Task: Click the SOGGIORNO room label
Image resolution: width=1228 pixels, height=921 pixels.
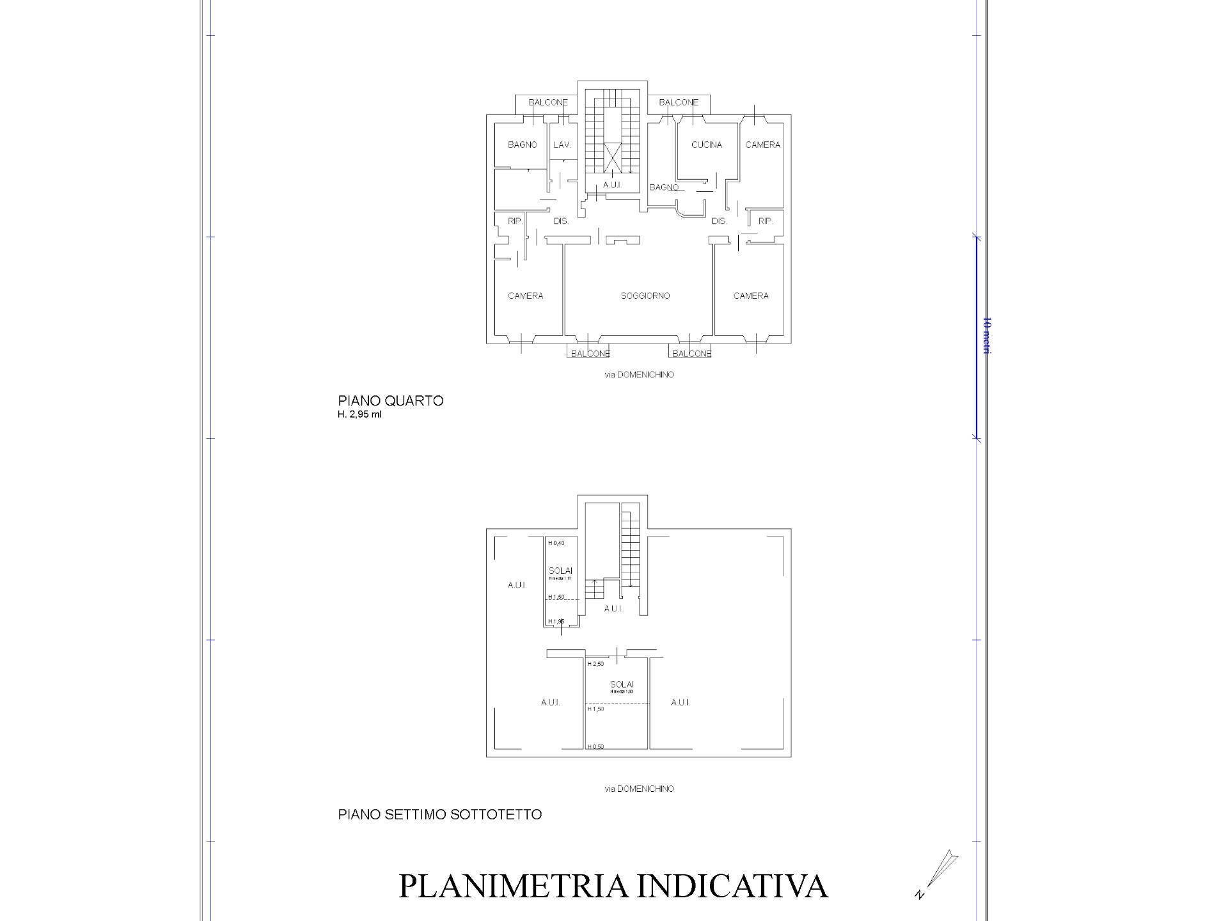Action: pyautogui.click(x=645, y=295)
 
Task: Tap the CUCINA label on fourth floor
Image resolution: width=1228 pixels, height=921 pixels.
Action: pyautogui.click(x=706, y=145)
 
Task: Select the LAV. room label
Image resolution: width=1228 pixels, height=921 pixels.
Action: pyautogui.click(x=562, y=145)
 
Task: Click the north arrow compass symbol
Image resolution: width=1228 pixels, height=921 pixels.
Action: pyautogui.click(x=938, y=873)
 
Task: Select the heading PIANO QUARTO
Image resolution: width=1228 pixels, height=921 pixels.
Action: pyautogui.click(x=391, y=401)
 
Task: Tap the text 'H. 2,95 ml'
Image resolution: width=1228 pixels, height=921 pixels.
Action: pyautogui.click(x=360, y=414)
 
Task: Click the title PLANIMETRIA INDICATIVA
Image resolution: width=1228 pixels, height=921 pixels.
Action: pyautogui.click(x=613, y=886)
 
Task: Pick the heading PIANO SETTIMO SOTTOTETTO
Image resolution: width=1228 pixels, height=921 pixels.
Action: pyautogui.click(x=439, y=815)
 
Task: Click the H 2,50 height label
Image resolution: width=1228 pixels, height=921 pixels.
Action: pyautogui.click(x=595, y=664)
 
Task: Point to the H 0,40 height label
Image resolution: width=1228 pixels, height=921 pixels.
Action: pyautogui.click(x=556, y=543)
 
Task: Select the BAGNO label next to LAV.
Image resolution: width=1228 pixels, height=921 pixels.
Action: pyautogui.click(x=523, y=145)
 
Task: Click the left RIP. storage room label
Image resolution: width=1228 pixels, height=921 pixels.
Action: pyautogui.click(x=515, y=221)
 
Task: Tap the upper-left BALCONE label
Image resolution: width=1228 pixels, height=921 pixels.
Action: pyautogui.click(x=547, y=102)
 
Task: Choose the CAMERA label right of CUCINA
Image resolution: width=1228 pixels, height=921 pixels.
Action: pyautogui.click(x=762, y=145)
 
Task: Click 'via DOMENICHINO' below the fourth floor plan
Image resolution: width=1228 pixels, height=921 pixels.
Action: pyautogui.click(x=639, y=375)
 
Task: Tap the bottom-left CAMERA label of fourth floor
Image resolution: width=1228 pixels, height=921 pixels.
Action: pyautogui.click(x=525, y=295)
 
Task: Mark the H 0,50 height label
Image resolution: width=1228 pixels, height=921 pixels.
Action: pyautogui.click(x=595, y=746)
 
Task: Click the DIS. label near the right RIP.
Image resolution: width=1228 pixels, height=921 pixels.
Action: pyautogui.click(x=719, y=221)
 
